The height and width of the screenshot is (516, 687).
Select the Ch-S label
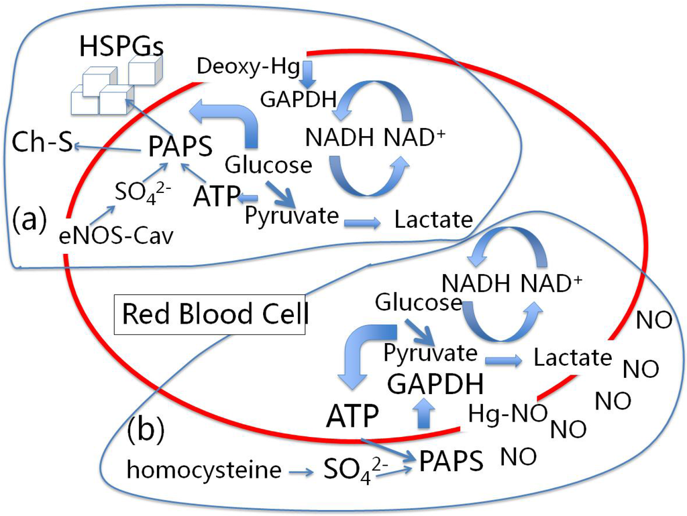click(x=42, y=142)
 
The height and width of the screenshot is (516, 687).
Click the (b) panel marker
click(x=145, y=431)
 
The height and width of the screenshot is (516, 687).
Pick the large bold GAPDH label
click(x=435, y=385)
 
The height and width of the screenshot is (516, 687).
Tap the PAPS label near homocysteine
click(x=451, y=462)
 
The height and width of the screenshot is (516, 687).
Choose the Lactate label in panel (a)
click(x=433, y=220)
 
